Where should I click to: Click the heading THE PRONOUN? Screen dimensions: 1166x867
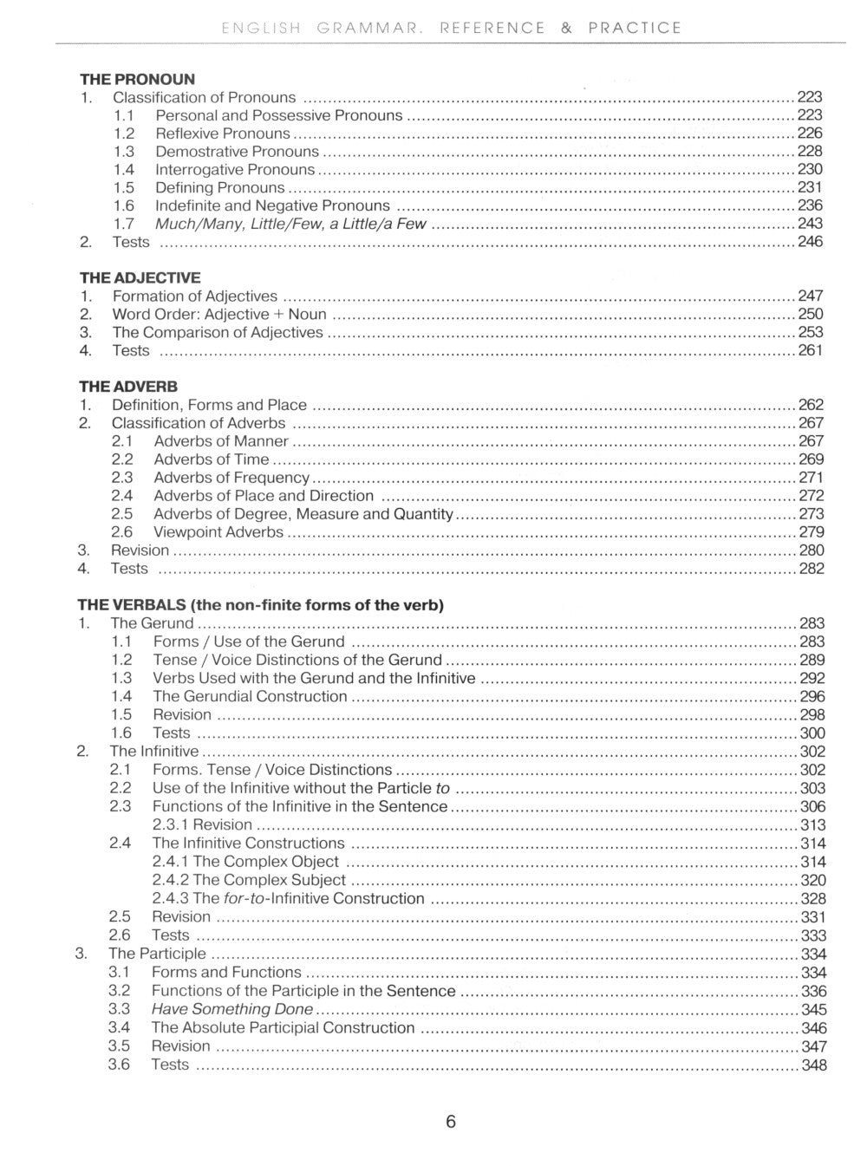[137, 79]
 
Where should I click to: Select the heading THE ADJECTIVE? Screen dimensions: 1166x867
[140, 277]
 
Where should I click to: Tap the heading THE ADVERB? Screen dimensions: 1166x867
[128, 387]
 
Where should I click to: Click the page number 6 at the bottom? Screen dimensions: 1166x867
[450, 1121]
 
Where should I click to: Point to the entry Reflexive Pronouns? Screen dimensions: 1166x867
[223, 134]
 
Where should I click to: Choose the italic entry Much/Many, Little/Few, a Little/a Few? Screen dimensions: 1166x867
[290, 224]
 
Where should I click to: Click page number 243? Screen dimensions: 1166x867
[810, 224]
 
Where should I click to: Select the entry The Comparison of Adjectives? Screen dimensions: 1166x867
[218, 332]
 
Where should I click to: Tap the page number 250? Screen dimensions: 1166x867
[810, 314]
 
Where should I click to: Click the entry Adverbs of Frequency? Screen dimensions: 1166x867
[231, 478]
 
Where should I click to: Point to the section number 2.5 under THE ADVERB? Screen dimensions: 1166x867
[122, 514]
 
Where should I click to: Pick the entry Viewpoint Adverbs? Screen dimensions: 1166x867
[218, 532]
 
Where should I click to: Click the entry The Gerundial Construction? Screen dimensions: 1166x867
[250, 696]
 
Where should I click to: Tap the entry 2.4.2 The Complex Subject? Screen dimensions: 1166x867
[249, 880]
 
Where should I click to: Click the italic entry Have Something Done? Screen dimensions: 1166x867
[232, 1009]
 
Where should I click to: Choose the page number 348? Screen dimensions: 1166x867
[813, 1065]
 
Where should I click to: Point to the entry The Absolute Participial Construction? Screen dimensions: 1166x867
[283, 1027]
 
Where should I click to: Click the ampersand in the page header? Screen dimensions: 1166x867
[566, 28]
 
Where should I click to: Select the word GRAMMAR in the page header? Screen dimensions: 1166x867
[368, 28]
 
